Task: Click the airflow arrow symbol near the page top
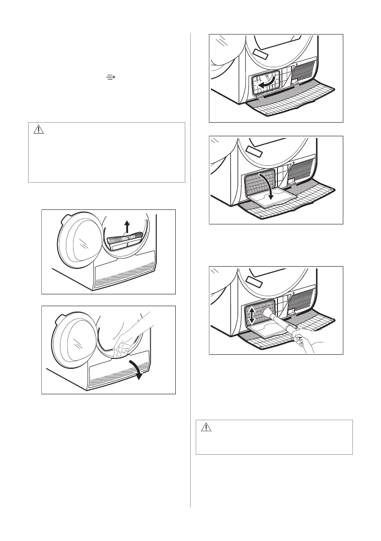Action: click(109, 78)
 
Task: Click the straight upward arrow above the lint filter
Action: click(127, 226)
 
